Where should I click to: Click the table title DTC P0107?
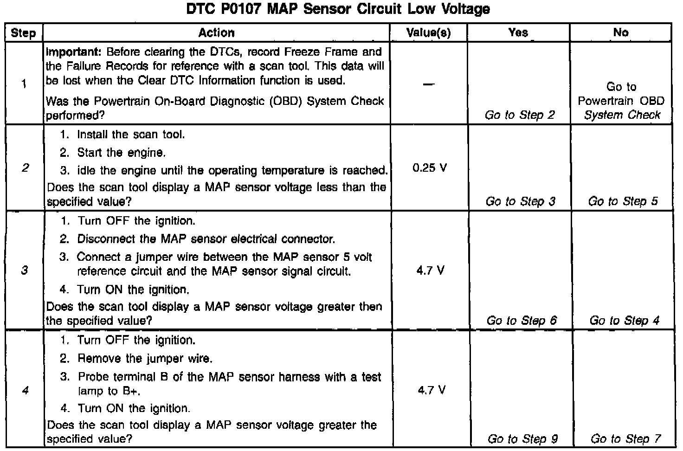tap(338, 9)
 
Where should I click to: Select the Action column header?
tap(216, 32)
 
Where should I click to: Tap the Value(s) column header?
tap(428, 32)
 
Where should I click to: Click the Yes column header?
tap(518, 32)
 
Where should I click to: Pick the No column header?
tap(620, 32)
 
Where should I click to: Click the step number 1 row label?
tap(23, 84)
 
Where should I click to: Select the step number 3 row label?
tap(25, 270)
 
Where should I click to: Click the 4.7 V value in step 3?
tap(430, 271)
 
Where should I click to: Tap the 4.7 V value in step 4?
tap(431, 390)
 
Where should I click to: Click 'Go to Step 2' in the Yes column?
tap(520, 115)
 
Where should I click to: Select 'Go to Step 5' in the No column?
tap(623, 201)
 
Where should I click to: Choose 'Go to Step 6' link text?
tap(522, 321)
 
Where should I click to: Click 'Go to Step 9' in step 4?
tap(522, 439)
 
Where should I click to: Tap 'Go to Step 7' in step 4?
tap(625, 439)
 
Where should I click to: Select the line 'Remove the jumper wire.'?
tap(145, 358)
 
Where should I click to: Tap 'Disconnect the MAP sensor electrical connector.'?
tap(206, 239)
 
